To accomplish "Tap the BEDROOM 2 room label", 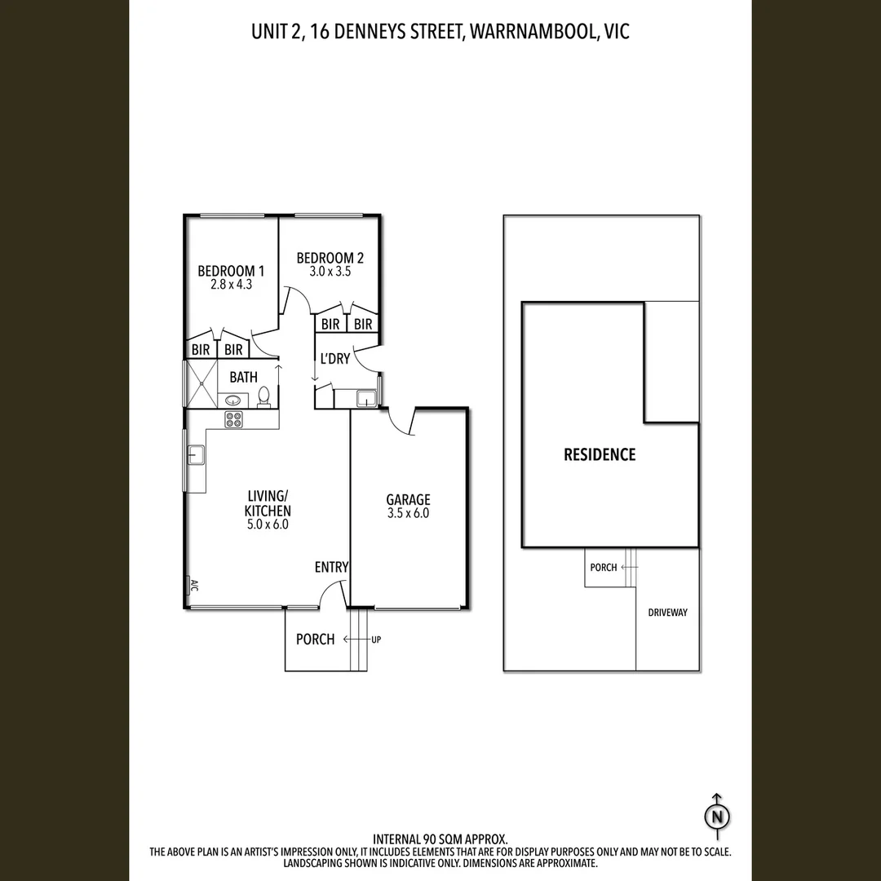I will tap(330, 259).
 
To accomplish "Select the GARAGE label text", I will tap(408, 500).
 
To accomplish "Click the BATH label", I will tap(243, 377).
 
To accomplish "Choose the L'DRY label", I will tap(334, 358).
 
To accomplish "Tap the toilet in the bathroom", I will tap(263, 396).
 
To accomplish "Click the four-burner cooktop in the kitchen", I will tap(235, 419).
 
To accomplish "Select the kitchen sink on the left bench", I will tap(196, 454).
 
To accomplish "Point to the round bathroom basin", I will tap(232, 400).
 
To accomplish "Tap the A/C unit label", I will tap(193, 586).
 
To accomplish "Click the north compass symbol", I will tap(717, 816).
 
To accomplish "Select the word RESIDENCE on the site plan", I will tap(600, 454).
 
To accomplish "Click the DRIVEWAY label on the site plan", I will tap(667, 613).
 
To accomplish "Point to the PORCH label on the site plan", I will tap(603, 567).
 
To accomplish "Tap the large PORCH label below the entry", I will tap(315, 639).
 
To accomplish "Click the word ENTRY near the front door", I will tap(331, 567).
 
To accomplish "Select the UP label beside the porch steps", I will tap(376, 640).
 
